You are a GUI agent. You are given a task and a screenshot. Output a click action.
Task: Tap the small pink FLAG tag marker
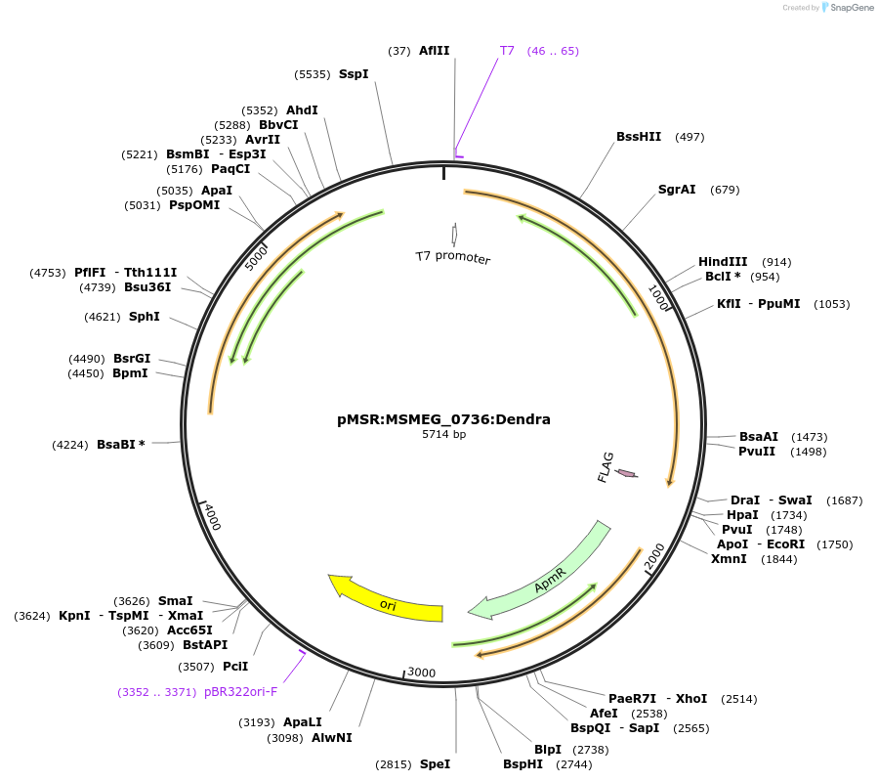click(626, 474)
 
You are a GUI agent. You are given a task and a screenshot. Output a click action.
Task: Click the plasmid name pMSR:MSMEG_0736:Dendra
click(443, 419)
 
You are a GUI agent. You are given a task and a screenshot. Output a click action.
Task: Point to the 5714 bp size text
click(443, 434)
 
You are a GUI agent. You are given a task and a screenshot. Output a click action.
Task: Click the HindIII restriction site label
click(723, 262)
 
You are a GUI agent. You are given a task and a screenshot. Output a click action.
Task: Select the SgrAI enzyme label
click(677, 190)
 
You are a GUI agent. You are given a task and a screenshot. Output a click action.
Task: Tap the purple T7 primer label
click(507, 51)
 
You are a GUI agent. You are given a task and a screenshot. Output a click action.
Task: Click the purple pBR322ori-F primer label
click(240, 692)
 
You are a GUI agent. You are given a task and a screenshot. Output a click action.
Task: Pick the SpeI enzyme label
click(435, 764)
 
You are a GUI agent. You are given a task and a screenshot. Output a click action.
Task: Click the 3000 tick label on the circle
click(421, 673)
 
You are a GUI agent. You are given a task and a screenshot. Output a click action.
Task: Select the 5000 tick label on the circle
click(255, 259)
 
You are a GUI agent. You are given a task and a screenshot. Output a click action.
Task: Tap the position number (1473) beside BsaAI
click(810, 437)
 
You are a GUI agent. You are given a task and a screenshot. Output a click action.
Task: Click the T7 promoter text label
click(452, 257)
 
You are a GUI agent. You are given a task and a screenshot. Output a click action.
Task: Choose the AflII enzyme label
click(434, 51)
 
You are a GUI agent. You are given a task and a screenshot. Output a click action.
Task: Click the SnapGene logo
click(847, 8)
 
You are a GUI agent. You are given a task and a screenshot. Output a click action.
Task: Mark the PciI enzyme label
click(235, 667)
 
